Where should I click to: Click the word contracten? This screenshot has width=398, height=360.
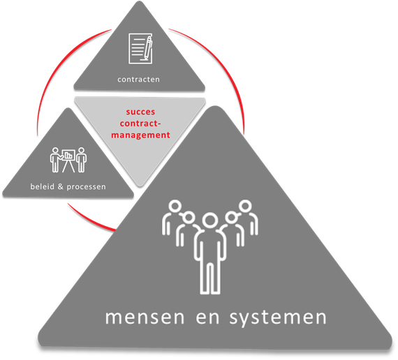coord(138,80)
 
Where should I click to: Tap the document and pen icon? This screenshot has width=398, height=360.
coord(140,48)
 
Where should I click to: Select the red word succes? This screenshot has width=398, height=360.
coord(140,112)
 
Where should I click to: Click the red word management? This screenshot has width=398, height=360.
coord(140,135)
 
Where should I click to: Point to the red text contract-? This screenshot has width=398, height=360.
coord(140,123)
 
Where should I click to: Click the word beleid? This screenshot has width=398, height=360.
coord(42,186)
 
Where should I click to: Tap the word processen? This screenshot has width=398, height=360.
coord(87,187)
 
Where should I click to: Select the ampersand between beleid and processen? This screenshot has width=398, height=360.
coord(61,186)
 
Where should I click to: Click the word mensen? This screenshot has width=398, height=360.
coord(145,317)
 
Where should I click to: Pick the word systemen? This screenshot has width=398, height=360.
coord(278,318)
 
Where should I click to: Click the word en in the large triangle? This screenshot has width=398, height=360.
coord(207,317)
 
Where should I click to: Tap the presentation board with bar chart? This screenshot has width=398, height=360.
coord(68,160)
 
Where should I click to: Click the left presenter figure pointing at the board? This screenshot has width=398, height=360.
coord(55,160)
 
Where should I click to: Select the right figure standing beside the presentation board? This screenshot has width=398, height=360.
coord(81,160)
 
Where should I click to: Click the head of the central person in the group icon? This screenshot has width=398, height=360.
coord(210,220)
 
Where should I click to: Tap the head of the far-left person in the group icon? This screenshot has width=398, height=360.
coord(175,207)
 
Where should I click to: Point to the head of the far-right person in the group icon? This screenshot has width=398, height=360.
coord(245,207)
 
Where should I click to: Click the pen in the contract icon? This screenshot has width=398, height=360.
coord(148,48)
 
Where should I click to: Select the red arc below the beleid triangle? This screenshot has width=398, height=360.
coord(89,219)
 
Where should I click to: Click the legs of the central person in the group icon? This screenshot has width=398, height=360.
coord(210,278)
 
